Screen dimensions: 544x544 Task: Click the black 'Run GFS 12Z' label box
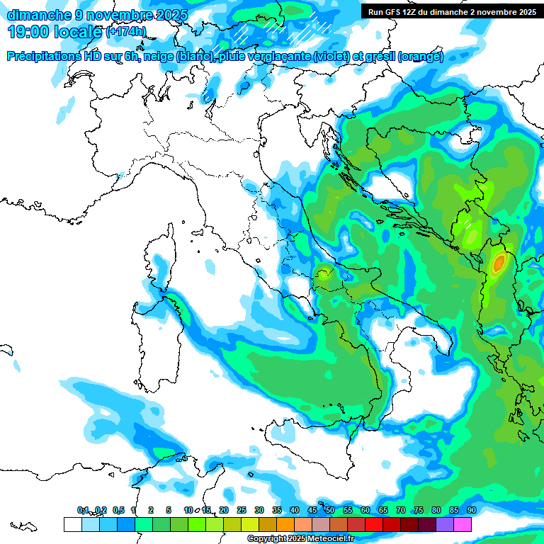click(451, 11)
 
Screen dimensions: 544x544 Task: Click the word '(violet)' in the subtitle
click(336, 57)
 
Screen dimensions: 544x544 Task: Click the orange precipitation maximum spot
click(499, 263)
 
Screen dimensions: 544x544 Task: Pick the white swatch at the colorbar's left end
click(72, 525)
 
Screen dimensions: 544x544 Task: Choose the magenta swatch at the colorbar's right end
click(462, 525)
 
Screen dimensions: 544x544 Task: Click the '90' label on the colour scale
click(471, 511)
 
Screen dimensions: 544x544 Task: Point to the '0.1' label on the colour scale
click(83, 511)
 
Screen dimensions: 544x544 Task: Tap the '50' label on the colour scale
click(330, 511)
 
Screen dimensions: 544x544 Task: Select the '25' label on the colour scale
click(242, 511)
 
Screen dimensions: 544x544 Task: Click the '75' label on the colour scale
click(419, 511)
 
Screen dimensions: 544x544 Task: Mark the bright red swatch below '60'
click(373, 525)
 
